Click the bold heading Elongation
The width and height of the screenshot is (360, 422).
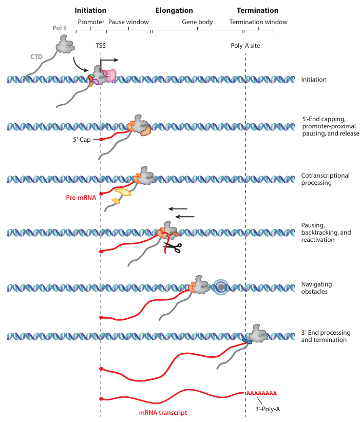[174, 10]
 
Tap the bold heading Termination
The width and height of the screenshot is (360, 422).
[257, 10]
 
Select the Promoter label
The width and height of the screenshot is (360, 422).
[91, 22]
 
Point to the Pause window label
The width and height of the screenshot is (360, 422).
[128, 22]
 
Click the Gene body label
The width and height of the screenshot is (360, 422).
[197, 22]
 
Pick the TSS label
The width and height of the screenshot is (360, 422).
[101, 46]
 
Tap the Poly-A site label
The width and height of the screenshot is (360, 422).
[245, 46]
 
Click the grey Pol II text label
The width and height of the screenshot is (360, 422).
[60, 28]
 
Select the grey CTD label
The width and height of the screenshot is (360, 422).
[36, 57]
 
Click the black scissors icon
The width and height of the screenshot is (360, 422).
[173, 247]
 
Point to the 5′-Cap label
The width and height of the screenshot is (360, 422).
[82, 140]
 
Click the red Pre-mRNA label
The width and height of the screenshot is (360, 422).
[81, 198]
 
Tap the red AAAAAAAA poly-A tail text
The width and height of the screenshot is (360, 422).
[262, 393]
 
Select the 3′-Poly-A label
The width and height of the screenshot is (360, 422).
[268, 409]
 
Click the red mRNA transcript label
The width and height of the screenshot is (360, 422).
[163, 413]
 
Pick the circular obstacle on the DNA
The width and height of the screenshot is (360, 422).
[221, 287]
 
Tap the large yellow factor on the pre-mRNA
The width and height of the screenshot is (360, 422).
[123, 192]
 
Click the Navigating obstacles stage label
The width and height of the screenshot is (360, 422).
[316, 288]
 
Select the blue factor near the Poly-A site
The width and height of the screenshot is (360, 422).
[247, 341]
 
